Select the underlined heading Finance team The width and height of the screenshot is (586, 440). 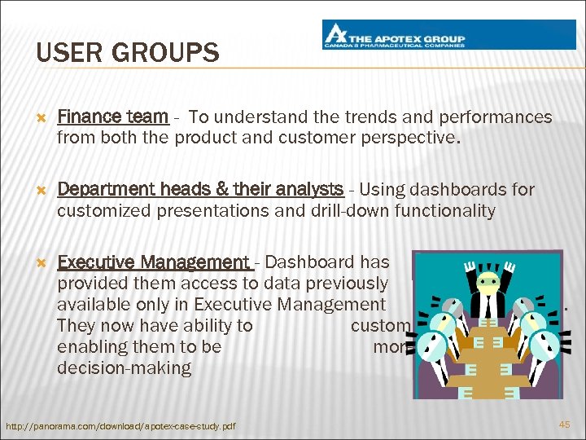pos(113,117)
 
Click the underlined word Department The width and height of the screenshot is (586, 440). pos(101,190)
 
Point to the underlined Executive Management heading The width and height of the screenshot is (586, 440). pos(155,262)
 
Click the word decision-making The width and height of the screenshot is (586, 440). pos(124,368)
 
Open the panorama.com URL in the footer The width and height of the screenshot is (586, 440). pos(120,426)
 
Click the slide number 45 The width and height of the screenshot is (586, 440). pos(564,425)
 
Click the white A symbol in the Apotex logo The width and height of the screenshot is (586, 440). pos(335,35)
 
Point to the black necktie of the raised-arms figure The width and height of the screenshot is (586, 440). pos(487,307)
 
